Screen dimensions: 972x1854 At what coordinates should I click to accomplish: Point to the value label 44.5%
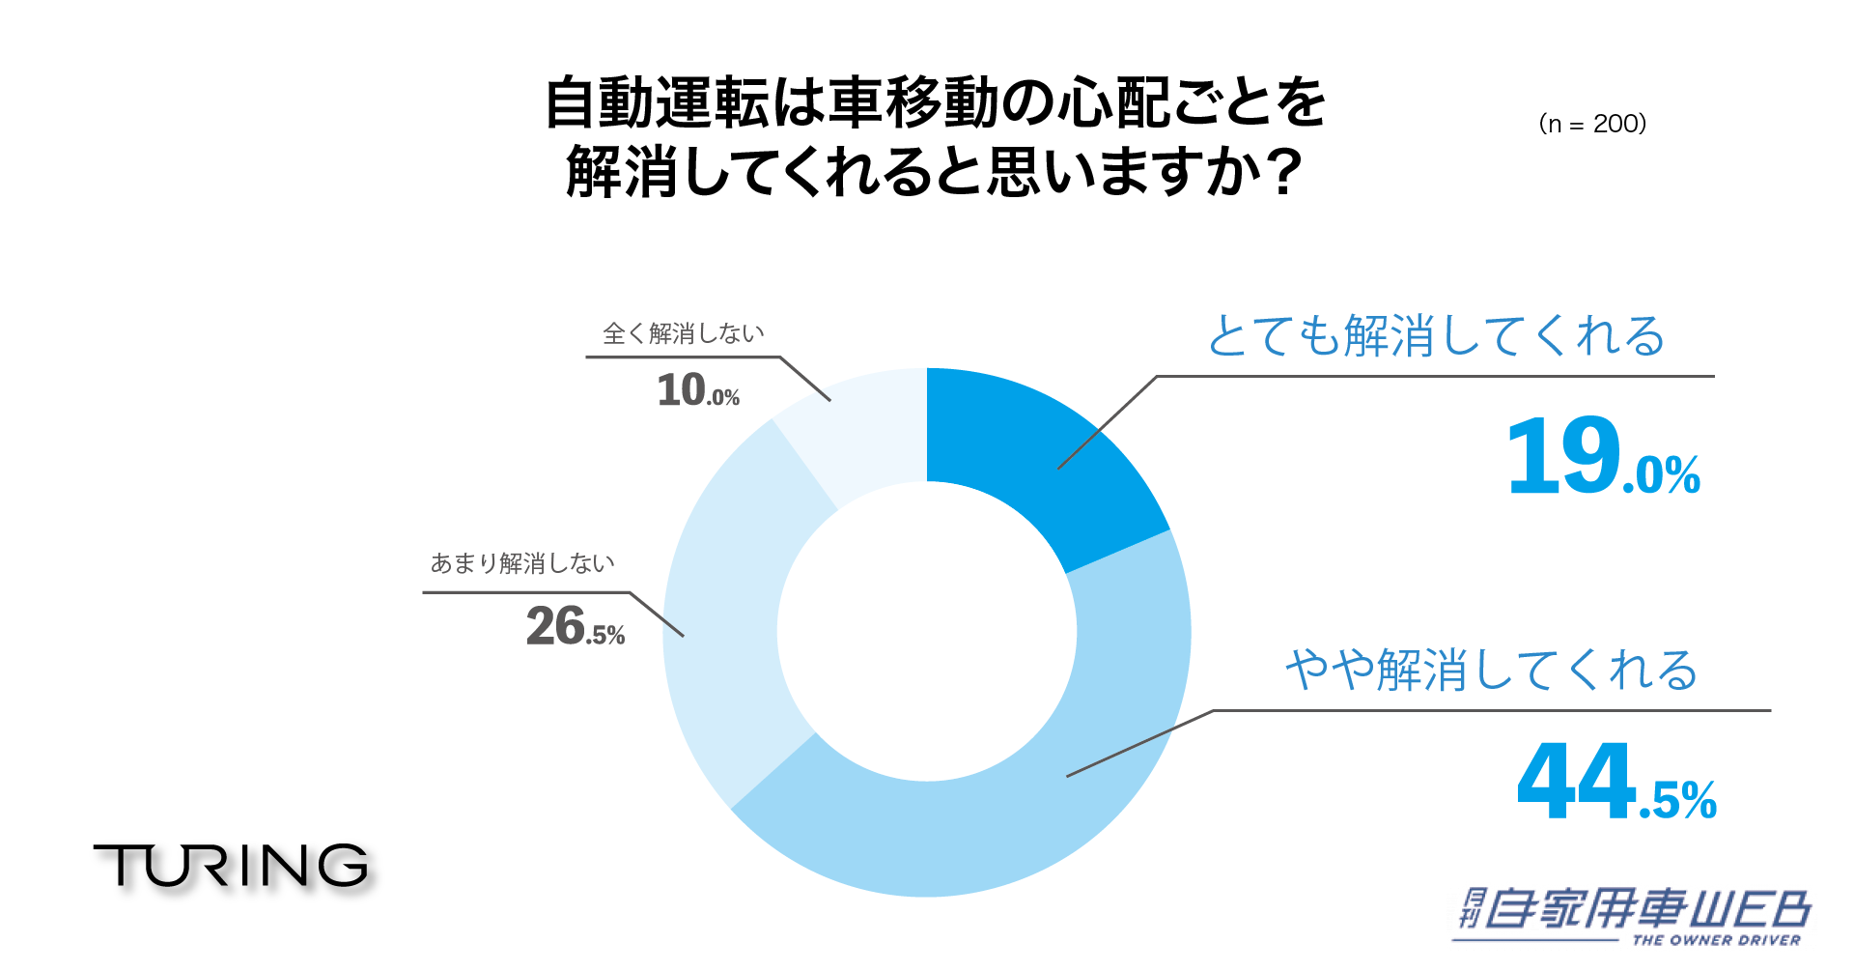pos(1615,783)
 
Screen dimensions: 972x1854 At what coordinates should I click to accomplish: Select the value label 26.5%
pos(576,626)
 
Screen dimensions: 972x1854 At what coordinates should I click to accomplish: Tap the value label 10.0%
pos(698,390)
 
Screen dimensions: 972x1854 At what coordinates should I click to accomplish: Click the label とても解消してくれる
pos(1436,336)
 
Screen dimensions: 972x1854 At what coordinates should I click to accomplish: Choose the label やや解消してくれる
pos(1492,670)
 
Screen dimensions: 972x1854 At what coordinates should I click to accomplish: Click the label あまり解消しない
pos(522,563)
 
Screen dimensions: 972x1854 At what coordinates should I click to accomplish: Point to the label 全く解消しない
pos(684,333)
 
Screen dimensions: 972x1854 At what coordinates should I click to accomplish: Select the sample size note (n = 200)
pos(1592,124)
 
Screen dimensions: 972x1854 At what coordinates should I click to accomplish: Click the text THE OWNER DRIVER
pos(1716,940)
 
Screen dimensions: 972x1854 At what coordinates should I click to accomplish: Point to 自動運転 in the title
pos(657,102)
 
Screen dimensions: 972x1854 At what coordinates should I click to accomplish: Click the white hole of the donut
pos(927,632)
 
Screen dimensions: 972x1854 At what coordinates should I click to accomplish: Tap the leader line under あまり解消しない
pos(526,592)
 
